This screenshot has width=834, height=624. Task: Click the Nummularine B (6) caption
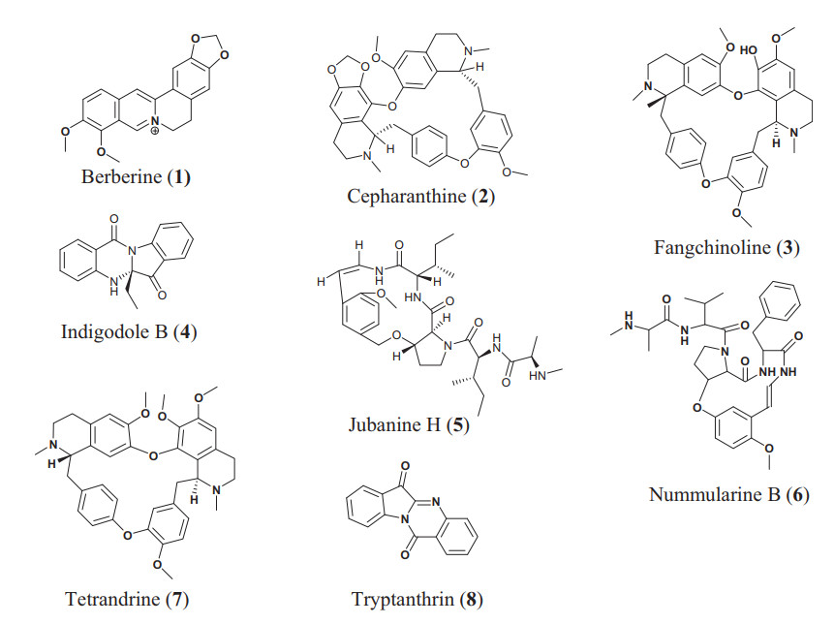728,496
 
